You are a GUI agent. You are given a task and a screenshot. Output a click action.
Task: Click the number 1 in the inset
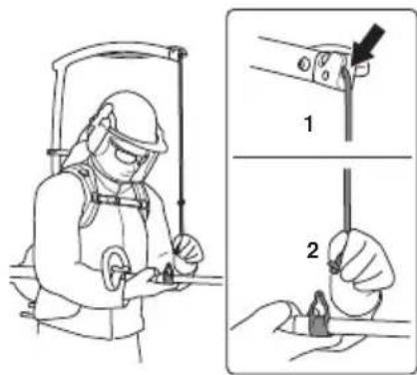point(309,124)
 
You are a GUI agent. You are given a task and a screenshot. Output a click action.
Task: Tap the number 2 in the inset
point(312,250)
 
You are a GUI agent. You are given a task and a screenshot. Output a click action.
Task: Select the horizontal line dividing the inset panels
point(322,157)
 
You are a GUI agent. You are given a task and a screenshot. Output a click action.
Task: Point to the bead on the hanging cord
point(182,201)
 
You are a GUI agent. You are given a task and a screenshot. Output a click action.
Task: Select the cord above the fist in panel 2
point(348,199)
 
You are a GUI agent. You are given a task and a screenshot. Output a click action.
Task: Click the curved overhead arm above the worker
point(113,52)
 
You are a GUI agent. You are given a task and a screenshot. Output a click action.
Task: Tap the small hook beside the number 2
point(333,266)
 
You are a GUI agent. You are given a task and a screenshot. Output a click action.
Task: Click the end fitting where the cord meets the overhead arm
point(178,52)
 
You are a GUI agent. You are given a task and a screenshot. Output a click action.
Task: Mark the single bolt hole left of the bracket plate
point(302,63)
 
